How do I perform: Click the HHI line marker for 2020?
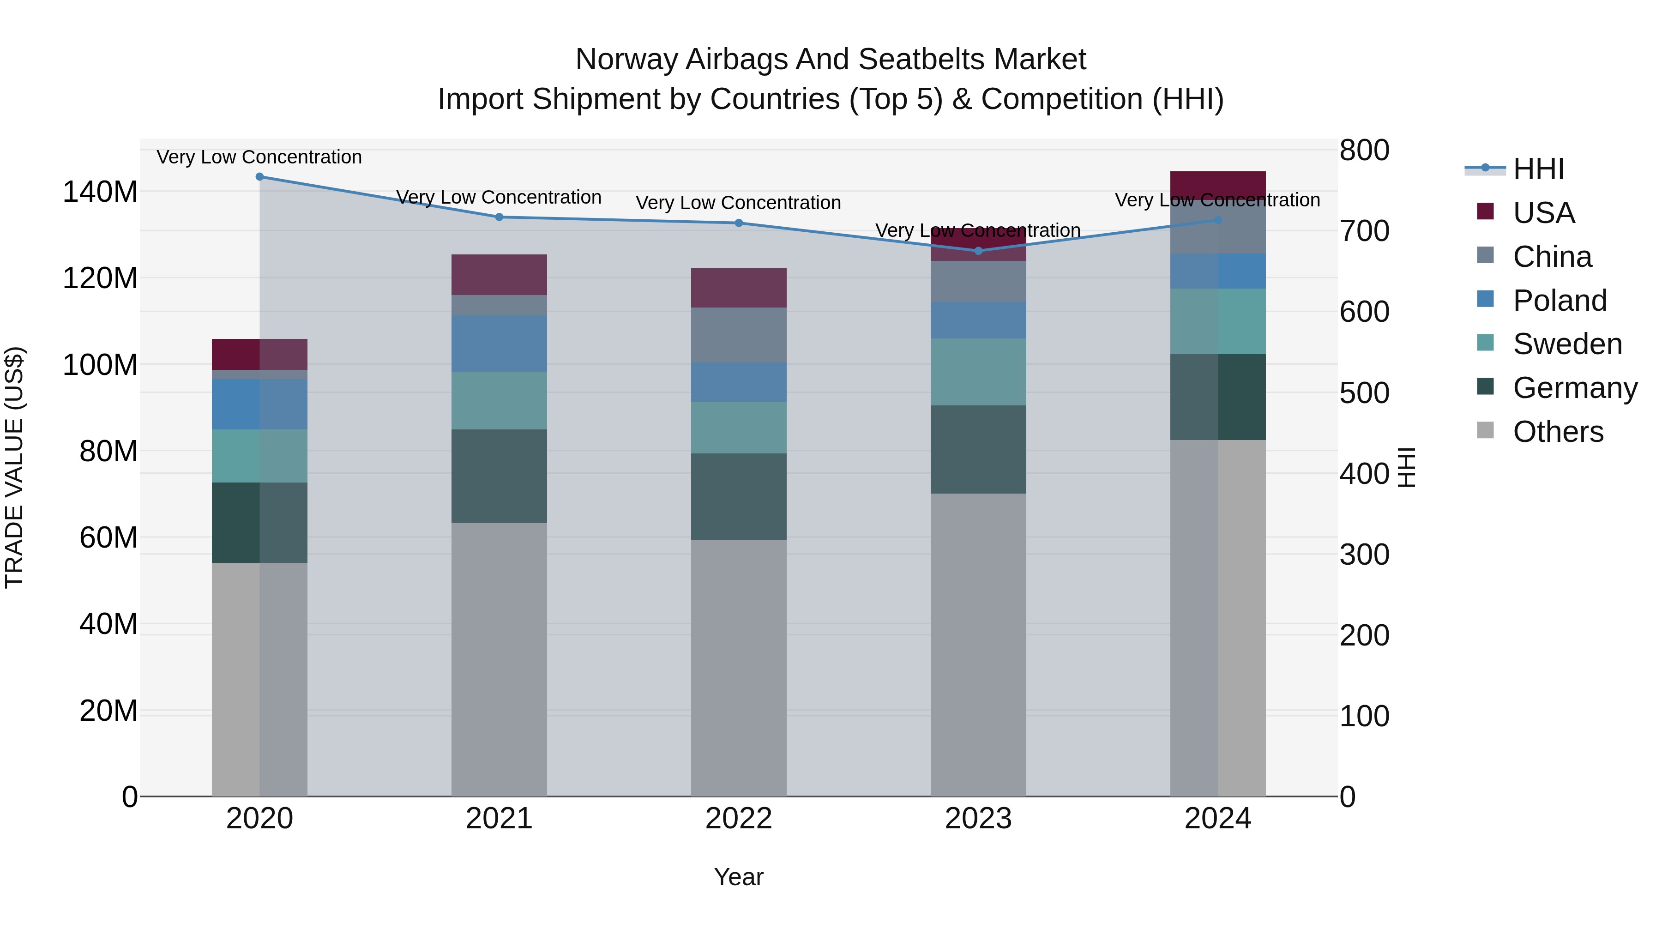click(259, 176)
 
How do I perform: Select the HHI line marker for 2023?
click(978, 250)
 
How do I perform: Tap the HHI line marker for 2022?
click(739, 223)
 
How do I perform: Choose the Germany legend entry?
click(1574, 388)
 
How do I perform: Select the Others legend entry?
click(1558, 432)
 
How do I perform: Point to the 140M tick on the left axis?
click(100, 192)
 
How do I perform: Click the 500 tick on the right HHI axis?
click(1364, 393)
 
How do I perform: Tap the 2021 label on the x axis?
click(499, 819)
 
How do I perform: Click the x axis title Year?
click(738, 877)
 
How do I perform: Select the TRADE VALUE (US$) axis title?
click(14, 467)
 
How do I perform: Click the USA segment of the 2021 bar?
click(499, 274)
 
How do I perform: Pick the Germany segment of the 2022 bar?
click(739, 496)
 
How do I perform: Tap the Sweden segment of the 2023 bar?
click(978, 372)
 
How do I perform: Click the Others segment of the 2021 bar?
click(499, 658)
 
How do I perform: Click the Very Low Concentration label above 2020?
click(259, 157)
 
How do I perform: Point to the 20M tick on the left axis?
click(108, 711)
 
